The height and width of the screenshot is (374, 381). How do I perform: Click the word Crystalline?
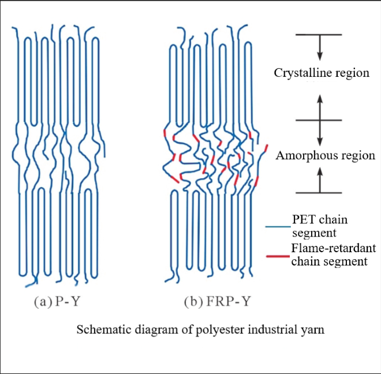(301, 74)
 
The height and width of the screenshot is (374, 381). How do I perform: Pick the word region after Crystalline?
(350, 74)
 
